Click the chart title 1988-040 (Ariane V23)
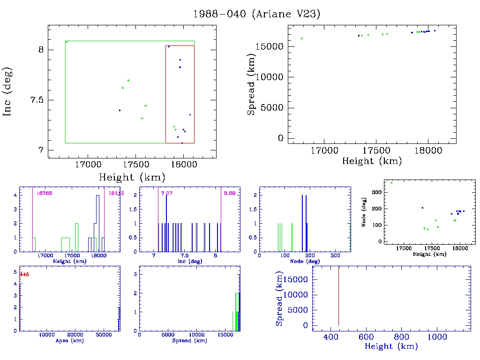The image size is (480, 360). pyautogui.click(x=257, y=14)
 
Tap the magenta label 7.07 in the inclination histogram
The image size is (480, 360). pyautogui.click(x=166, y=193)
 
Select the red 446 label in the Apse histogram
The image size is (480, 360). pyautogui.click(x=24, y=275)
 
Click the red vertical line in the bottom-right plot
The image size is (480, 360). pyautogui.click(x=338, y=295)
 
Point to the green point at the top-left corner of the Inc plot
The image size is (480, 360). pyautogui.click(x=67, y=42)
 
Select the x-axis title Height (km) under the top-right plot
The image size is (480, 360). pyautogui.click(x=372, y=161)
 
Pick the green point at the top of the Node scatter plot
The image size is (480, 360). pyautogui.click(x=391, y=183)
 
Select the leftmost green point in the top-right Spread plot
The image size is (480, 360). pyautogui.click(x=301, y=38)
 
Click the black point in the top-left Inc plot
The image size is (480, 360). pyautogui.click(x=120, y=111)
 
